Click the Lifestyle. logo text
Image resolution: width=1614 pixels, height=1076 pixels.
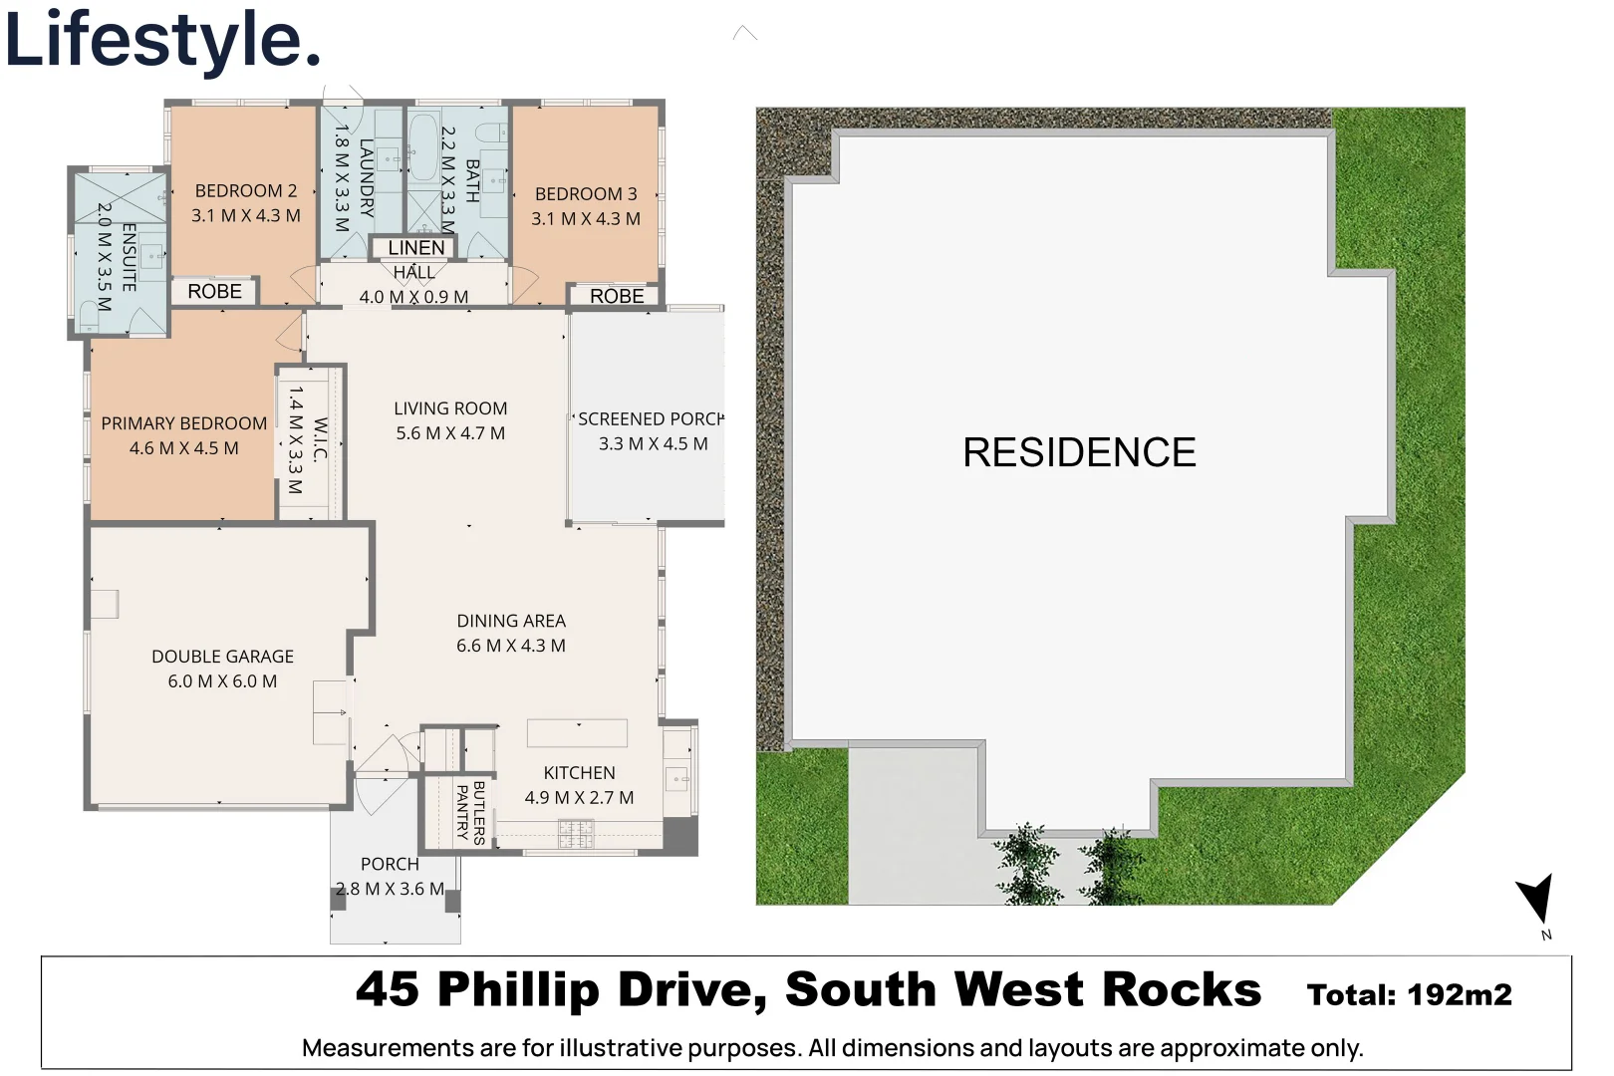[x=162, y=40]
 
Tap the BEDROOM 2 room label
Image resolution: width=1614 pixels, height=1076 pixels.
[x=246, y=191]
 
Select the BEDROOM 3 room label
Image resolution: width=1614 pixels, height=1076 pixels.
[x=586, y=194]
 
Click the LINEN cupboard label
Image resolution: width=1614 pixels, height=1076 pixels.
[x=416, y=248]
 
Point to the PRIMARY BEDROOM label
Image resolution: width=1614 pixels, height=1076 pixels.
[x=184, y=423]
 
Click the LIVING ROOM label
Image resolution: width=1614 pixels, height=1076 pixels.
[x=450, y=408]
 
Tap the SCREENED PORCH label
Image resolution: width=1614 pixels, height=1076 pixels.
[x=651, y=419]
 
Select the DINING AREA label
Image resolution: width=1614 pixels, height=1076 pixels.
[x=511, y=621]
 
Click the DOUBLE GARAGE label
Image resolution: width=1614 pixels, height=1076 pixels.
[x=222, y=657]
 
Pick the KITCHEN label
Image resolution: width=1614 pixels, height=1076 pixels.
[x=579, y=773]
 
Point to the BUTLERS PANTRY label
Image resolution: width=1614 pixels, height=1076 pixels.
[x=470, y=812]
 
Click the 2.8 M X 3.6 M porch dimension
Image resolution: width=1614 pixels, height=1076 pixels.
[x=390, y=889]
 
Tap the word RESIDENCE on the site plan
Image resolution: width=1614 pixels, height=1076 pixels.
[x=1079, y=452]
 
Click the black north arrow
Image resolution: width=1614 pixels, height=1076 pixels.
[x=1537, y=897]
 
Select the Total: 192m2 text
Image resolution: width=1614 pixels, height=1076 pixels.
[x=1409, y=994]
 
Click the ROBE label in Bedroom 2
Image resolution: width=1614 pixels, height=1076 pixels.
[x=214, y=291]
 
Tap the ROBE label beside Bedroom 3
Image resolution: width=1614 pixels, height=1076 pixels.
[x=617, y=296]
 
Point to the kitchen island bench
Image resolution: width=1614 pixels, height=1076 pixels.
[x=577, y=732]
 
